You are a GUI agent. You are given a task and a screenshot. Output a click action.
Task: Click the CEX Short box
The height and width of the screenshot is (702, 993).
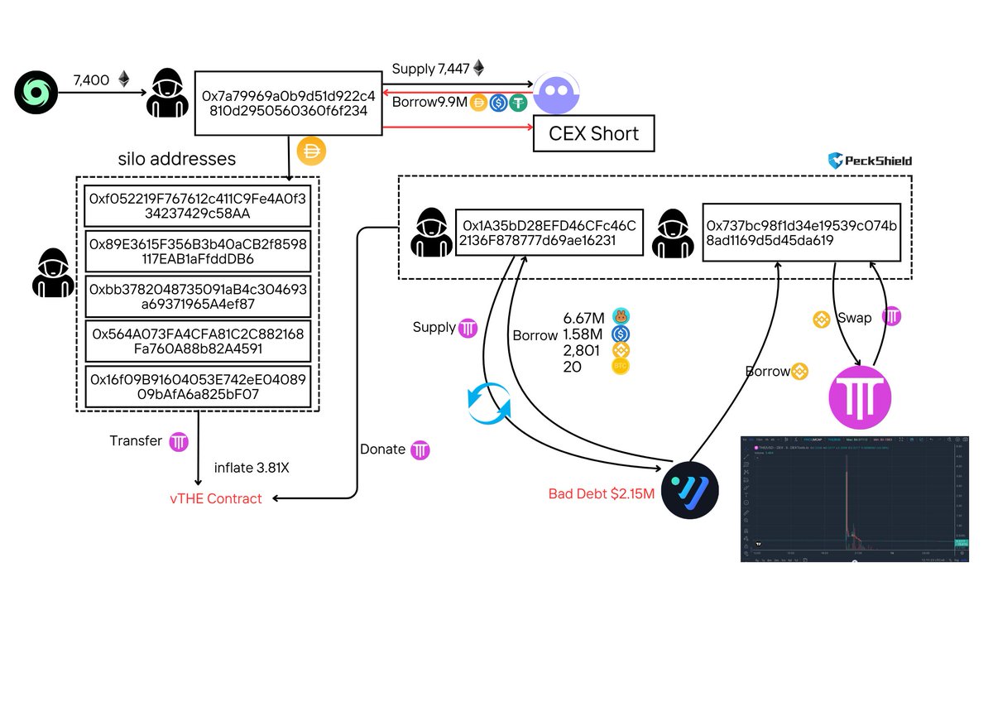point(593,134)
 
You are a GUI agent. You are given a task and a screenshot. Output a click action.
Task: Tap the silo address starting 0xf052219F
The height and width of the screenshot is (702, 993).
point(197,206)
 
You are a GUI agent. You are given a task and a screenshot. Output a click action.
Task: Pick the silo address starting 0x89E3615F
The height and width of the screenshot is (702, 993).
point(197,252)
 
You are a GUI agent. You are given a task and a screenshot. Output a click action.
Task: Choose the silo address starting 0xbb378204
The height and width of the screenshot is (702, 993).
point(197,296)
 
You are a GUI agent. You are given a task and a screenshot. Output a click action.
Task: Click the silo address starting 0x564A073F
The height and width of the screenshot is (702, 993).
point(197,341)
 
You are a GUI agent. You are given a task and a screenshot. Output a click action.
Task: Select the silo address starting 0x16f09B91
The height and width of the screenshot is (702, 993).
point(197,387)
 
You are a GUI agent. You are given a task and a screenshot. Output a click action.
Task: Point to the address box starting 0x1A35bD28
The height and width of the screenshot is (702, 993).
point(549,233)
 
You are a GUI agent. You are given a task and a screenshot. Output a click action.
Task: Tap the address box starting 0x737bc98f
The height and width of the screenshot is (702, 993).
point(800,233)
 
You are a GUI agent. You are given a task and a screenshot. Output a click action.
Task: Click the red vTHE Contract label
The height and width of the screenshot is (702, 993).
point(215,498)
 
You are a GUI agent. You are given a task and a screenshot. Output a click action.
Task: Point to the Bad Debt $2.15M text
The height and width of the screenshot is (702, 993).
point(602,494)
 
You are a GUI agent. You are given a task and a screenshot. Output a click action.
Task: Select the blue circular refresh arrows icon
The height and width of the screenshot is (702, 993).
point(489,403)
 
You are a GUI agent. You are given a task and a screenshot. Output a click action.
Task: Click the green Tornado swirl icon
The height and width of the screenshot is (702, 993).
point(36,92)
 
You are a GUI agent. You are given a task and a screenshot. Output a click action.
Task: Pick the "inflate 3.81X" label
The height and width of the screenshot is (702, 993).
point(252,468)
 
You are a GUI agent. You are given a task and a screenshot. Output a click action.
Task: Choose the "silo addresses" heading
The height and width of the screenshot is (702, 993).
point(177,158)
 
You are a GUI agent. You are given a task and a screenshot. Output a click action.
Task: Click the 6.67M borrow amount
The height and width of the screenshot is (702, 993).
point(583,317)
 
